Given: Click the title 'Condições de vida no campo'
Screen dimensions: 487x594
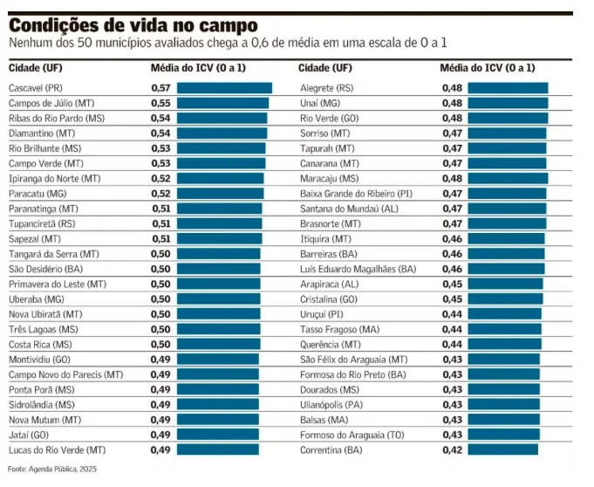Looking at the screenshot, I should coord(133,25).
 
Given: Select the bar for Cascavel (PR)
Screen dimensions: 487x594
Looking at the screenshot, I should coord(224,88).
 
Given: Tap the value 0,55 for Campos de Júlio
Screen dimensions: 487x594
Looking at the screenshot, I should coord(160,103).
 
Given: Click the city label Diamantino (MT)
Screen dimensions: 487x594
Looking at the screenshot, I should coord(42,133).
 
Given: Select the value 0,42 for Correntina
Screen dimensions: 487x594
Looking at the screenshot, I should coord(451,449).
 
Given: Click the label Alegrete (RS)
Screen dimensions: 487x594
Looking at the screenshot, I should coord(325,88).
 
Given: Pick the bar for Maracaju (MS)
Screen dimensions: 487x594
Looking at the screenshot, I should coord(508,178).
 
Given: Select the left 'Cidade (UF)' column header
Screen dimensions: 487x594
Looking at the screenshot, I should coord(34,68).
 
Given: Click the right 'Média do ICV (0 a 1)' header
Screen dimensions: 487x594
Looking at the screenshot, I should coord(488,68).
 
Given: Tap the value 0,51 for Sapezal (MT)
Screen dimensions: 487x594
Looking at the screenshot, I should coord(160,238).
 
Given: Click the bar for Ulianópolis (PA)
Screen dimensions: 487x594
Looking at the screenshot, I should coord(503,404).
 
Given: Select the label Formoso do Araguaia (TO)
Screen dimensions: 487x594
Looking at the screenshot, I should coord(351,435).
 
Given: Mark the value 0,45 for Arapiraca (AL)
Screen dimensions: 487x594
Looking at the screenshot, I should coord(451,284).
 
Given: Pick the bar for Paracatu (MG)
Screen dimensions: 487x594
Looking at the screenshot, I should coord(220,193).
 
